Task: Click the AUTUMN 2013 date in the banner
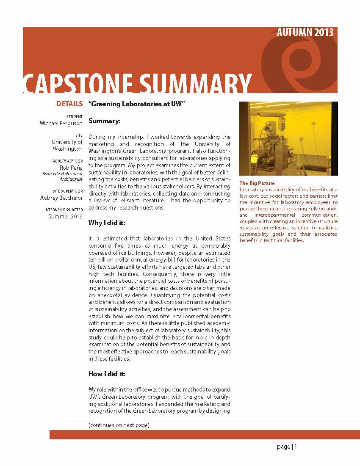pos(305,33)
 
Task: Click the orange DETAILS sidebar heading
pos(69,104)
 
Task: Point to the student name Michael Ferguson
pos(61,123)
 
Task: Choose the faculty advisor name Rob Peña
pos(71,167)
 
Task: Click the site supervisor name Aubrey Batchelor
pos(61,198)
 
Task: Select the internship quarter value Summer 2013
pos(65,216)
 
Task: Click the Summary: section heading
pos(105,121)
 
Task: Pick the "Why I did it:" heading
pos(107,223)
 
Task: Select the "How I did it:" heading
pos(107,374)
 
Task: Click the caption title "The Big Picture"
pos(257,183)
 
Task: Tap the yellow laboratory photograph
pos(288,138)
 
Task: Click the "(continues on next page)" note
pos(119,425)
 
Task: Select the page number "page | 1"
pos(287,447)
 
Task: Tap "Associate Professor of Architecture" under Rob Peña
pos(62,176)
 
